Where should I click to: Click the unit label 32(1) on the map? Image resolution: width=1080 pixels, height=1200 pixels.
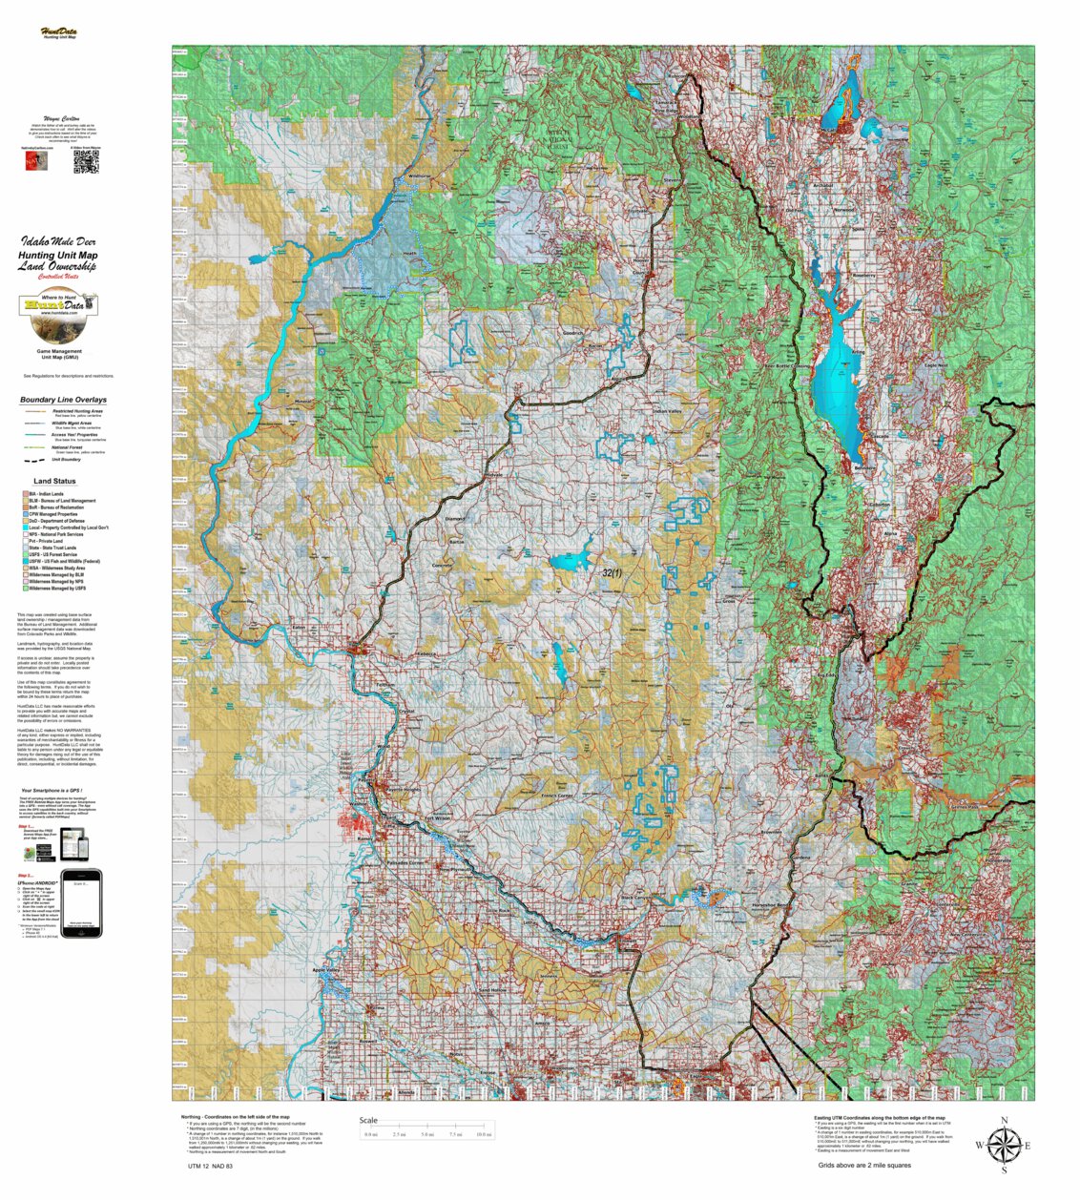(612, 573)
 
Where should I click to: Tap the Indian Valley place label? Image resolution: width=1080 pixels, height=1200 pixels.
(667, 411)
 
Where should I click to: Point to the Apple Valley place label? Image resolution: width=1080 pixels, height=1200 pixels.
(326, 970)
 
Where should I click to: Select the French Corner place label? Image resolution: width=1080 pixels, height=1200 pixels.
(557, 796)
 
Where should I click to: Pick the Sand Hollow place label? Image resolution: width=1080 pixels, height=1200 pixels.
(493, 991)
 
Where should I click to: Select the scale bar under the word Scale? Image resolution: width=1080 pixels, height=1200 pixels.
(426, 1133)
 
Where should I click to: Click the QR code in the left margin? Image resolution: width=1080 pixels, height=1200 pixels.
(86, 162)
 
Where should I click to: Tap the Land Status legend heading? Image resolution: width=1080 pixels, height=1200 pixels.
(54, 481)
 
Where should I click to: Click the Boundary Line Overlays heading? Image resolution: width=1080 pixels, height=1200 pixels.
(63, 400)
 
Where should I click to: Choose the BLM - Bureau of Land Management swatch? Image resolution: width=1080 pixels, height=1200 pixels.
(25, 501)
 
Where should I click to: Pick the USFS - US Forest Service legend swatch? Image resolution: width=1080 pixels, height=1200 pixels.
(25, 554)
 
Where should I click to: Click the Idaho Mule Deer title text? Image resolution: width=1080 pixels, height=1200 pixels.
(58, 242)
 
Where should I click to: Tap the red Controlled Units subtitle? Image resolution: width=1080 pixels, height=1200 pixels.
(58, 278)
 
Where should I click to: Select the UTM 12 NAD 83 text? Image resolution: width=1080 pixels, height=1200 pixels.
(211, 1166)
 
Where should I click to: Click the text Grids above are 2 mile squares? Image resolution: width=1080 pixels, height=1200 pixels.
(863, 1165)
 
